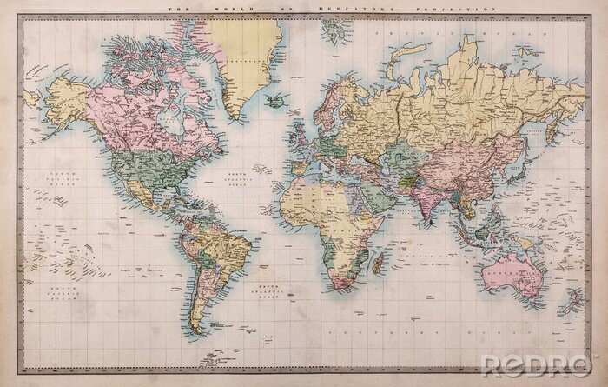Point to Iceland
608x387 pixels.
(277, 101)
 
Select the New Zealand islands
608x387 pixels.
(572, 301)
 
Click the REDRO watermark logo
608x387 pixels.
(539, 364)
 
